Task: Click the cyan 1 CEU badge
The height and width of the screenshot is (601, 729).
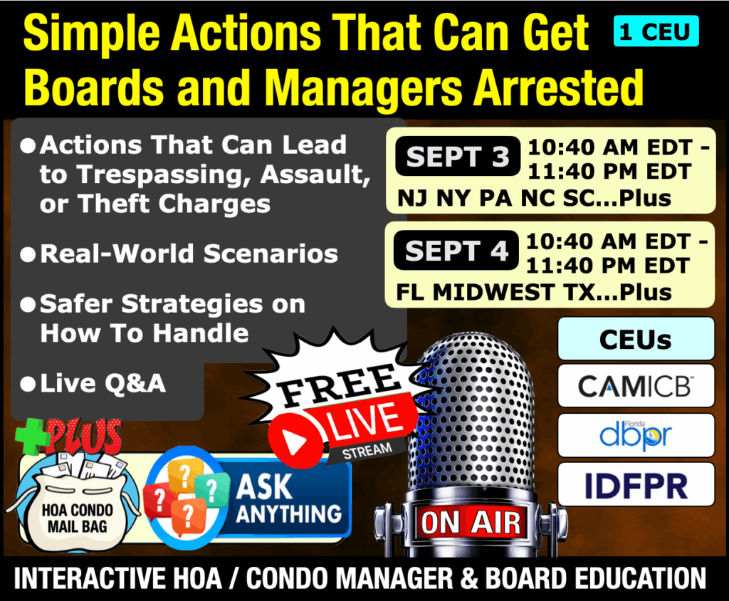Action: pyautogui.click(x=656, y=31)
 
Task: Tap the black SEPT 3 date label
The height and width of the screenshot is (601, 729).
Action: pyautogui.click(x=458, y=156)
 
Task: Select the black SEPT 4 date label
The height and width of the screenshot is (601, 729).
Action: pyautogui.click(x=456, y=250)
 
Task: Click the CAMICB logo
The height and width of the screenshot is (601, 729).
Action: pyautogui.click(x=636, y=386)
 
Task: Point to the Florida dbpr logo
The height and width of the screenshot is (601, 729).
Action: pyautogui.click(x=636, y=435)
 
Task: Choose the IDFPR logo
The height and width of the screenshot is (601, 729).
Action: pyautogui.click(x=636, y=485)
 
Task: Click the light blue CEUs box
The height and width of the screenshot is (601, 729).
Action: pyautogui.click(x=636, y=339)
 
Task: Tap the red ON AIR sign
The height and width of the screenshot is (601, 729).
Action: pyautogui.click(x=471, y=523)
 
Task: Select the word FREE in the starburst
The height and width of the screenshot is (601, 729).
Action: pyautogui.click(x=340, y=385)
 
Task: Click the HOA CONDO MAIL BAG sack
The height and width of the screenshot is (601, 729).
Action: pyautogui.click(x=77, y=505)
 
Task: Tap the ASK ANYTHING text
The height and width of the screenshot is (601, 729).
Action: pyautogui.click(x=288, y=499)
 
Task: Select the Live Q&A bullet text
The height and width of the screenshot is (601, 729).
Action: pyautogui.click(x=103, y=384)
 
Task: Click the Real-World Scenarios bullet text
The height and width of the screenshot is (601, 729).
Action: pyautogui.click(x=189, y=254)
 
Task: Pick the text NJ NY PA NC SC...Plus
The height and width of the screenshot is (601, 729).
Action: pyautogui.click(x=534, y=199)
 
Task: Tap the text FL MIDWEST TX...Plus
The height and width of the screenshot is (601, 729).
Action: pyautogui.click(x=534, y=293)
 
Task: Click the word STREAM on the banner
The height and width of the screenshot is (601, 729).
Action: pyautogui.click(x=367, y=451)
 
